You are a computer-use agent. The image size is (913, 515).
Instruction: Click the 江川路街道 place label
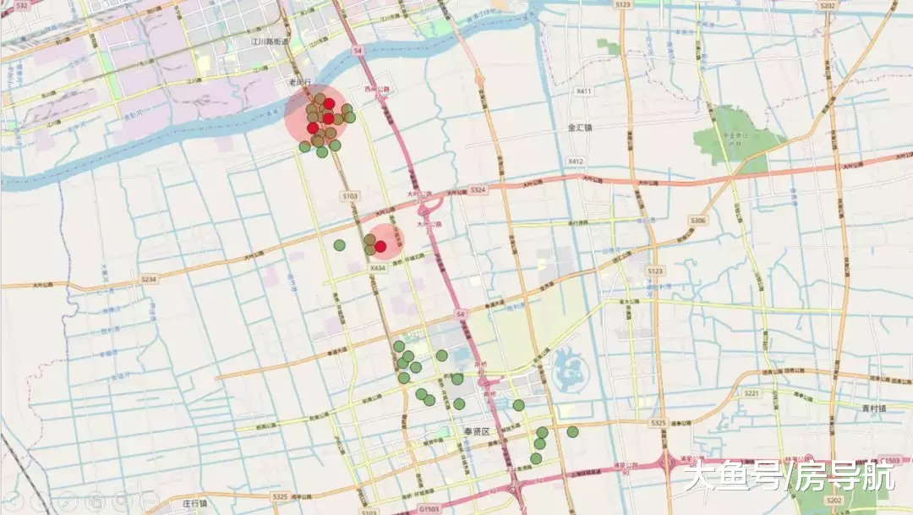coord(270,41)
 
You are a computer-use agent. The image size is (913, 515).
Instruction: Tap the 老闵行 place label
coord(300,82)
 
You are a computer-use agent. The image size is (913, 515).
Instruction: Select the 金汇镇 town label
coord(580,128)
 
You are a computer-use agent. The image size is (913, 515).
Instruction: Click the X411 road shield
coord(583,90)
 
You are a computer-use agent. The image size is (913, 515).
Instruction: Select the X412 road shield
coord(576,161)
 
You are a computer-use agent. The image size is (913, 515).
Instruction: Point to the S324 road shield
coord(478,190)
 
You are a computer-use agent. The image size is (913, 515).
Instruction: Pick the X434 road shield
coord(377,268)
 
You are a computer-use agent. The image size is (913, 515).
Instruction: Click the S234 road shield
coord(150,278)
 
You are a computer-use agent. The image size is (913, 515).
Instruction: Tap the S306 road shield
coord(697,221)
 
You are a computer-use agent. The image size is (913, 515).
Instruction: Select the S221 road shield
coord(752,393)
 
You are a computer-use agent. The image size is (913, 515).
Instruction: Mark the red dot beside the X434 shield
coord(380,246)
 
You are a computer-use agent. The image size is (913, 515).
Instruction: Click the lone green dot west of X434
coord(339,245)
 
